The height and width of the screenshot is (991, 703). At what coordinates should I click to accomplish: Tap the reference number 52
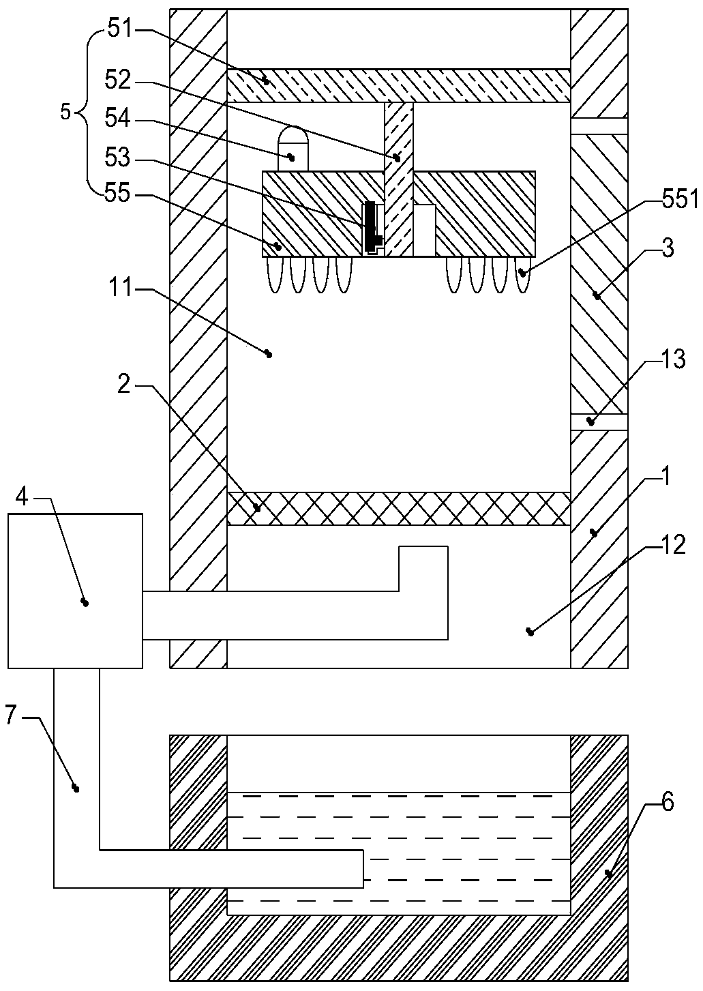118,81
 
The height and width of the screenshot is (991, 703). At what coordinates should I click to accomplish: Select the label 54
118,119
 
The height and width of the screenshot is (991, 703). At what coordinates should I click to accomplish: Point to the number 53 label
118,157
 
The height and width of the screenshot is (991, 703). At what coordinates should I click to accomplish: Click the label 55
118,194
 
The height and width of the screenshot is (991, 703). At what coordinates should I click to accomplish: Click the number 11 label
121,289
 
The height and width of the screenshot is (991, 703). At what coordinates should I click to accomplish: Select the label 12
674,545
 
